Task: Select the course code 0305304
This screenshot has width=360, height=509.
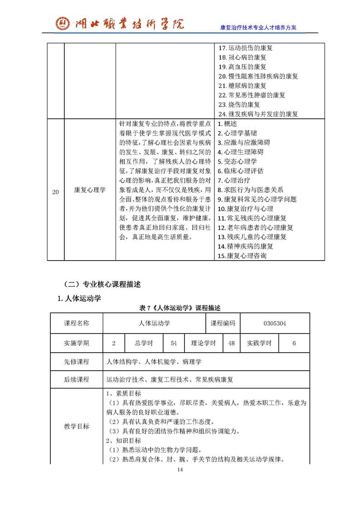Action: [275, 323]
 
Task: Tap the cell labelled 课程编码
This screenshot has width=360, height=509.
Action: [223, 323]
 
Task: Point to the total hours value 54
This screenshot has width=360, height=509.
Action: [174, 343]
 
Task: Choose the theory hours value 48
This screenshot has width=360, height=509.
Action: [231, 343]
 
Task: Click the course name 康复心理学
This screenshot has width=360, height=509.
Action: [90, 190]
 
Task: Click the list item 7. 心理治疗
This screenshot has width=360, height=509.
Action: [234, 180]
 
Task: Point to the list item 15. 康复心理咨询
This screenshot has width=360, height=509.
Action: [243, 256]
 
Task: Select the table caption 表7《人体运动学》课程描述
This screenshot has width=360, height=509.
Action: [180, 308]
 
